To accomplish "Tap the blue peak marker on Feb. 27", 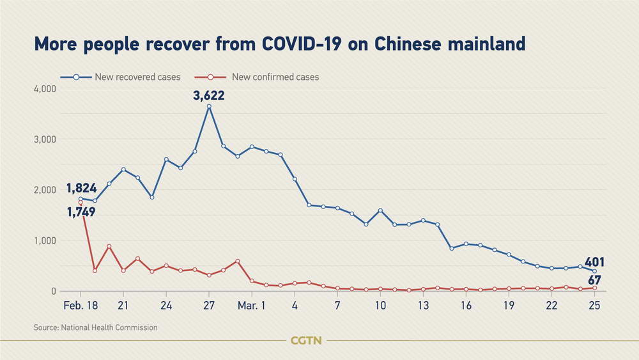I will (x=209, y=106).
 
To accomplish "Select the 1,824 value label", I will (x=81, y=188).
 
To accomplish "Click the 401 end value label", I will (x=594, y=262).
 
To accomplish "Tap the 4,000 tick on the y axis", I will (x=45, y=89).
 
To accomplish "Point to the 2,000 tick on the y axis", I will (x=45, y=190).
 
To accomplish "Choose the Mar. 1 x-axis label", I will (x=251, y=305).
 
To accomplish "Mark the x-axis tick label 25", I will (x=594, y=305).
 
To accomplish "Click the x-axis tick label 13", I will (x=423, y=305).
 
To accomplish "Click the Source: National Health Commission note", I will (x=96, y=328).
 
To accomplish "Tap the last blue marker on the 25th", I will (x=594, y=271).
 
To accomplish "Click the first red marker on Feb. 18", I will (x=81, y=203).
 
